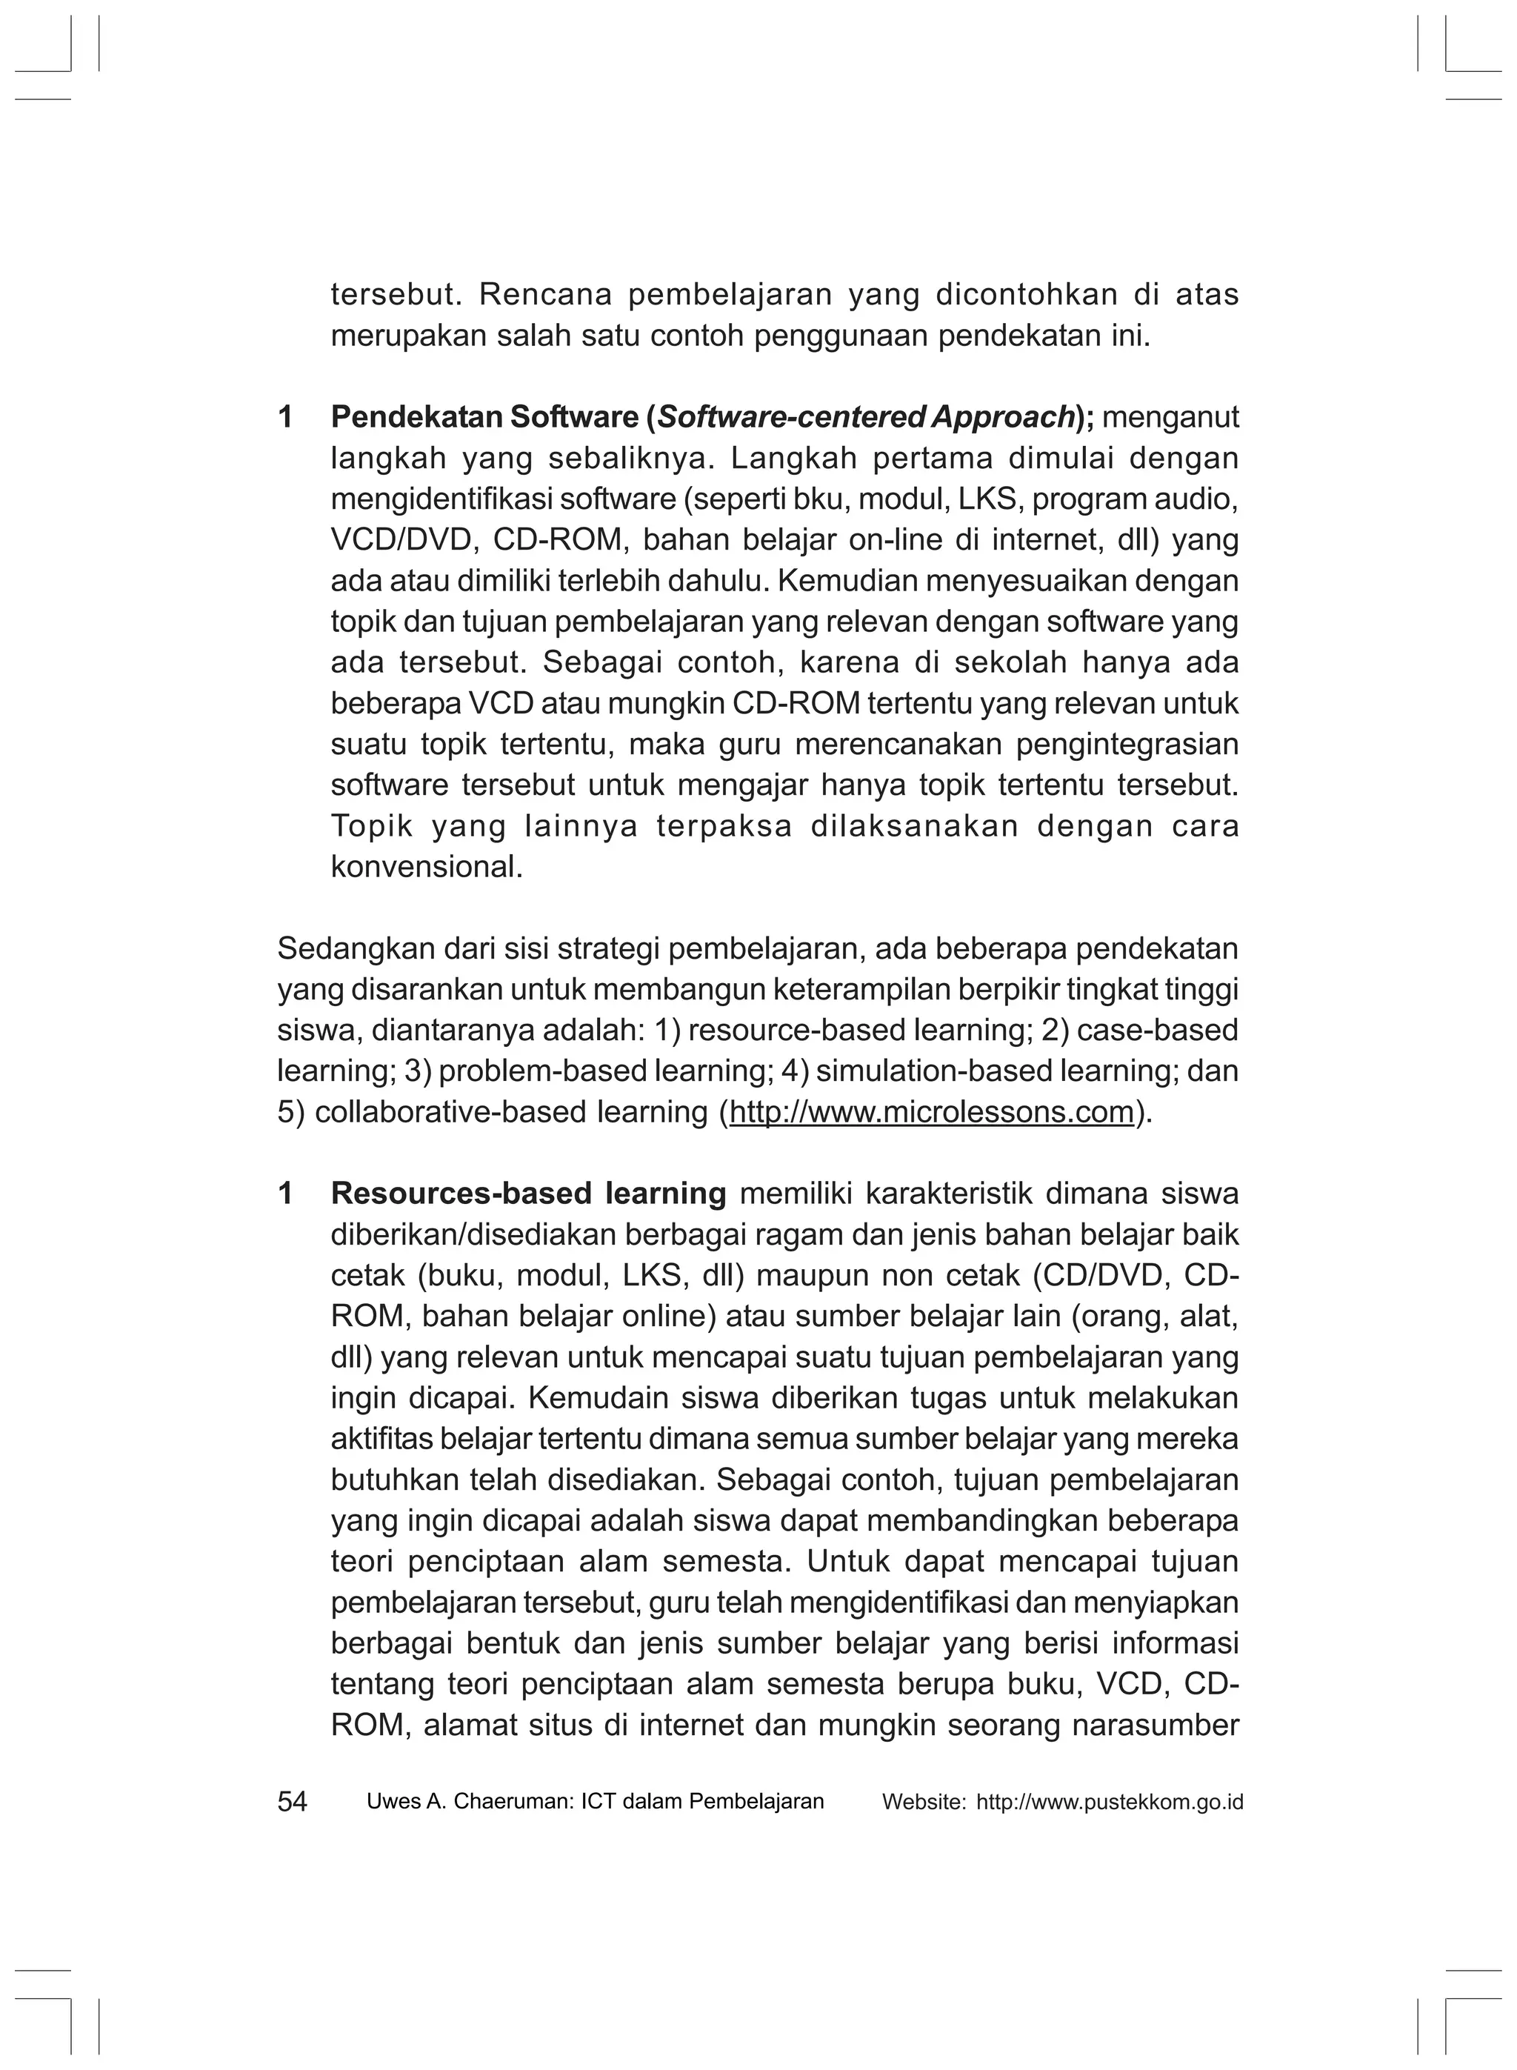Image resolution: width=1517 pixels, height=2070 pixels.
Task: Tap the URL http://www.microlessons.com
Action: [931, 1112]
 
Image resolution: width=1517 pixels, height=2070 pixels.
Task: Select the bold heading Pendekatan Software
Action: [486, 417]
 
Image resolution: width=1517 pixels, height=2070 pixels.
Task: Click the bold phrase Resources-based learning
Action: [528, 1193]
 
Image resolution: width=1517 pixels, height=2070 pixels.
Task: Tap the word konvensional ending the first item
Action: [426, 866]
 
